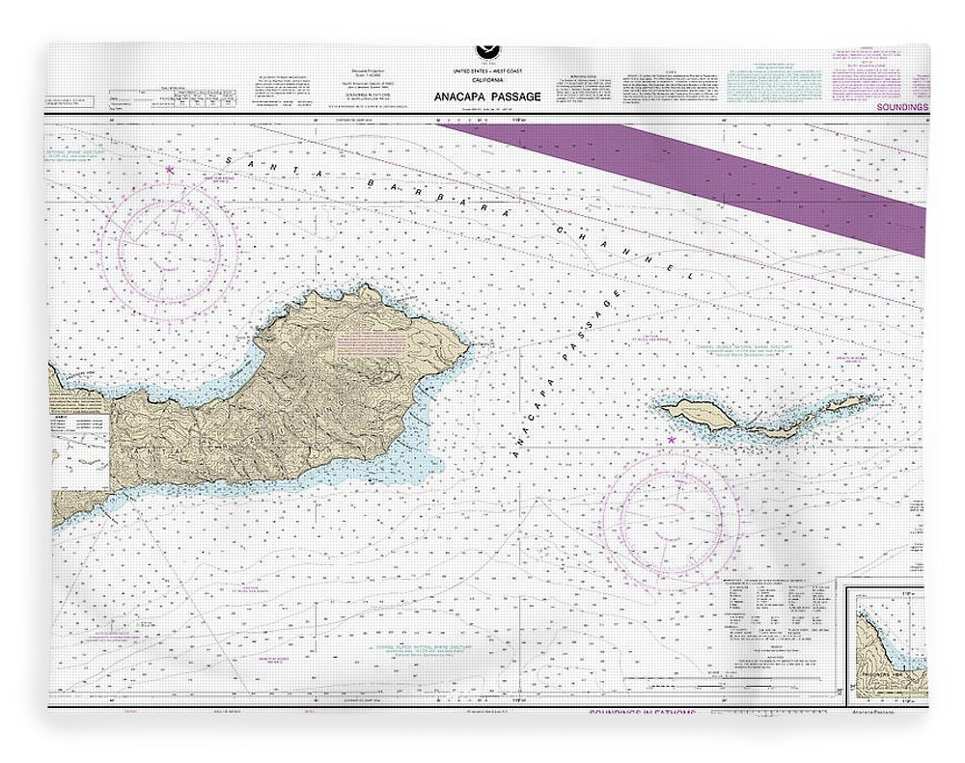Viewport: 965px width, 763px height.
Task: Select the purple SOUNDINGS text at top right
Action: click(x=901, y=107)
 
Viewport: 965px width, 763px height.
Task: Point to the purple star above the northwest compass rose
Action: click(x=170, y=170)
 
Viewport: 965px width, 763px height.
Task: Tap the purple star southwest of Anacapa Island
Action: click(x=671, y=441)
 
